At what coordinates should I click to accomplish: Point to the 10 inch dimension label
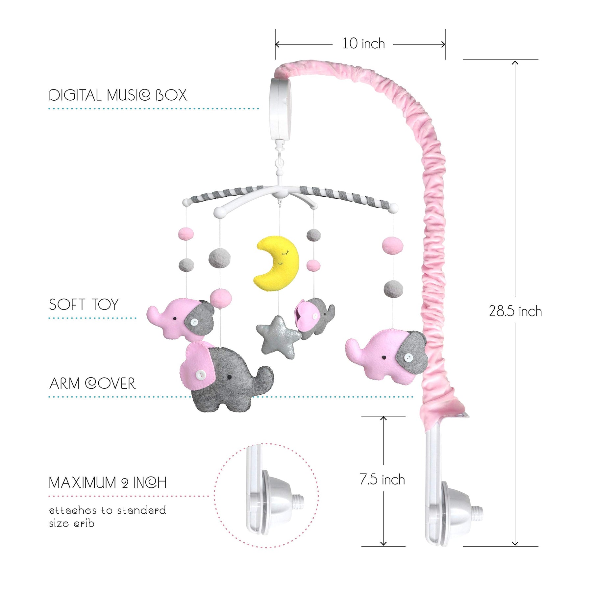click(363, 44)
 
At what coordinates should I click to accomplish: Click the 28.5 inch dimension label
click(515, 311)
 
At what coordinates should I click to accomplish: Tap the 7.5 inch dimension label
click(382, 480)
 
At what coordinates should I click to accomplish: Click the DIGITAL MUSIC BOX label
click(118, 95)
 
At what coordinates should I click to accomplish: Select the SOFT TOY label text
click(84, 305)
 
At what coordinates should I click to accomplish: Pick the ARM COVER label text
click(92, 384)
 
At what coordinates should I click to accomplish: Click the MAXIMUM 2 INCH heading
click(108, 483)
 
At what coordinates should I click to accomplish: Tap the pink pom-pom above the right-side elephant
click(393, 245)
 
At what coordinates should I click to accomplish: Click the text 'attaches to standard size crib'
click(107, 517)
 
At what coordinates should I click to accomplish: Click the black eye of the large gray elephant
click(230, 376)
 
